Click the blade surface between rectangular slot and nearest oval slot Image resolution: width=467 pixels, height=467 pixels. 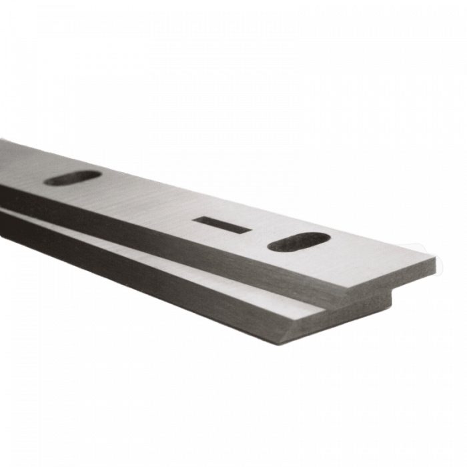tap(260, 233)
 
